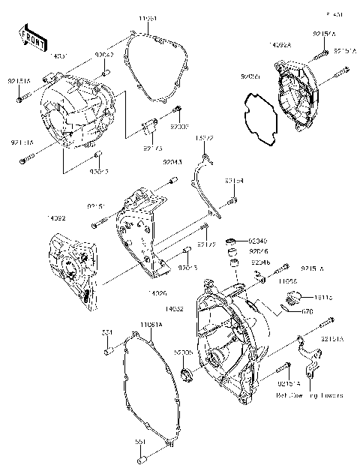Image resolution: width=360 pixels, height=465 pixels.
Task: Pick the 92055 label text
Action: coord(250,76)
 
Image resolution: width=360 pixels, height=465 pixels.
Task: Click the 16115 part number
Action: coord(313,297)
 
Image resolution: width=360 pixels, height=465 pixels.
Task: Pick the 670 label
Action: coord(307,310)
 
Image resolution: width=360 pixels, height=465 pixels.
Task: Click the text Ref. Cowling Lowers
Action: coord(309,394)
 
